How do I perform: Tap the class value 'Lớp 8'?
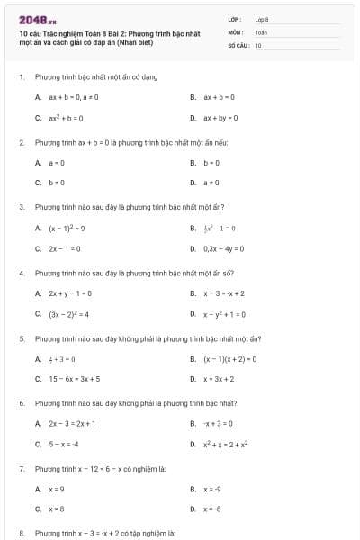coord(262,18)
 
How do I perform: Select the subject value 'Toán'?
coord(261,31)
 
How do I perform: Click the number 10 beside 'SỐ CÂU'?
coord(258,44)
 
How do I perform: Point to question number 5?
coord(21,338)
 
